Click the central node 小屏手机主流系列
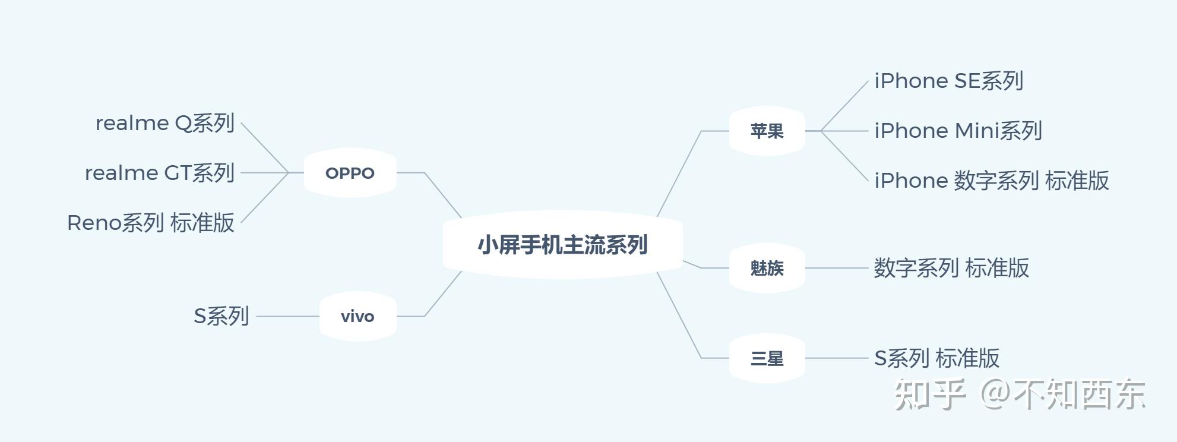click(562, 245)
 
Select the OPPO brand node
click(350, 173)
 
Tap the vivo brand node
click(357, 316)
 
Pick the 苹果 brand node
click(767, 131)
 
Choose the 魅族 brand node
click(767, 268)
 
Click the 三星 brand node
click(767, 358)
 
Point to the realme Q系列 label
click(165, 123)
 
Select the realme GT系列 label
click(160, 173)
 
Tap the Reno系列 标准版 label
click(151, 223)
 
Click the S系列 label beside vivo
click(221, 316)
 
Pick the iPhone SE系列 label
click(948, 81)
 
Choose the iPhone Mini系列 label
click(958, 131)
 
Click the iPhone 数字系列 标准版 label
click(991, 181)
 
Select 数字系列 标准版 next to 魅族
click(951, 268)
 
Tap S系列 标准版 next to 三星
click(936, 358)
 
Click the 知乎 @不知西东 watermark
click(1020, 394)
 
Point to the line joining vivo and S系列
click(287, 316)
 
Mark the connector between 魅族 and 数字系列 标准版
click(836, 268)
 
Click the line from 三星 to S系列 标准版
click(836, 358)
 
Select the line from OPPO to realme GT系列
click(264, 173)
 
